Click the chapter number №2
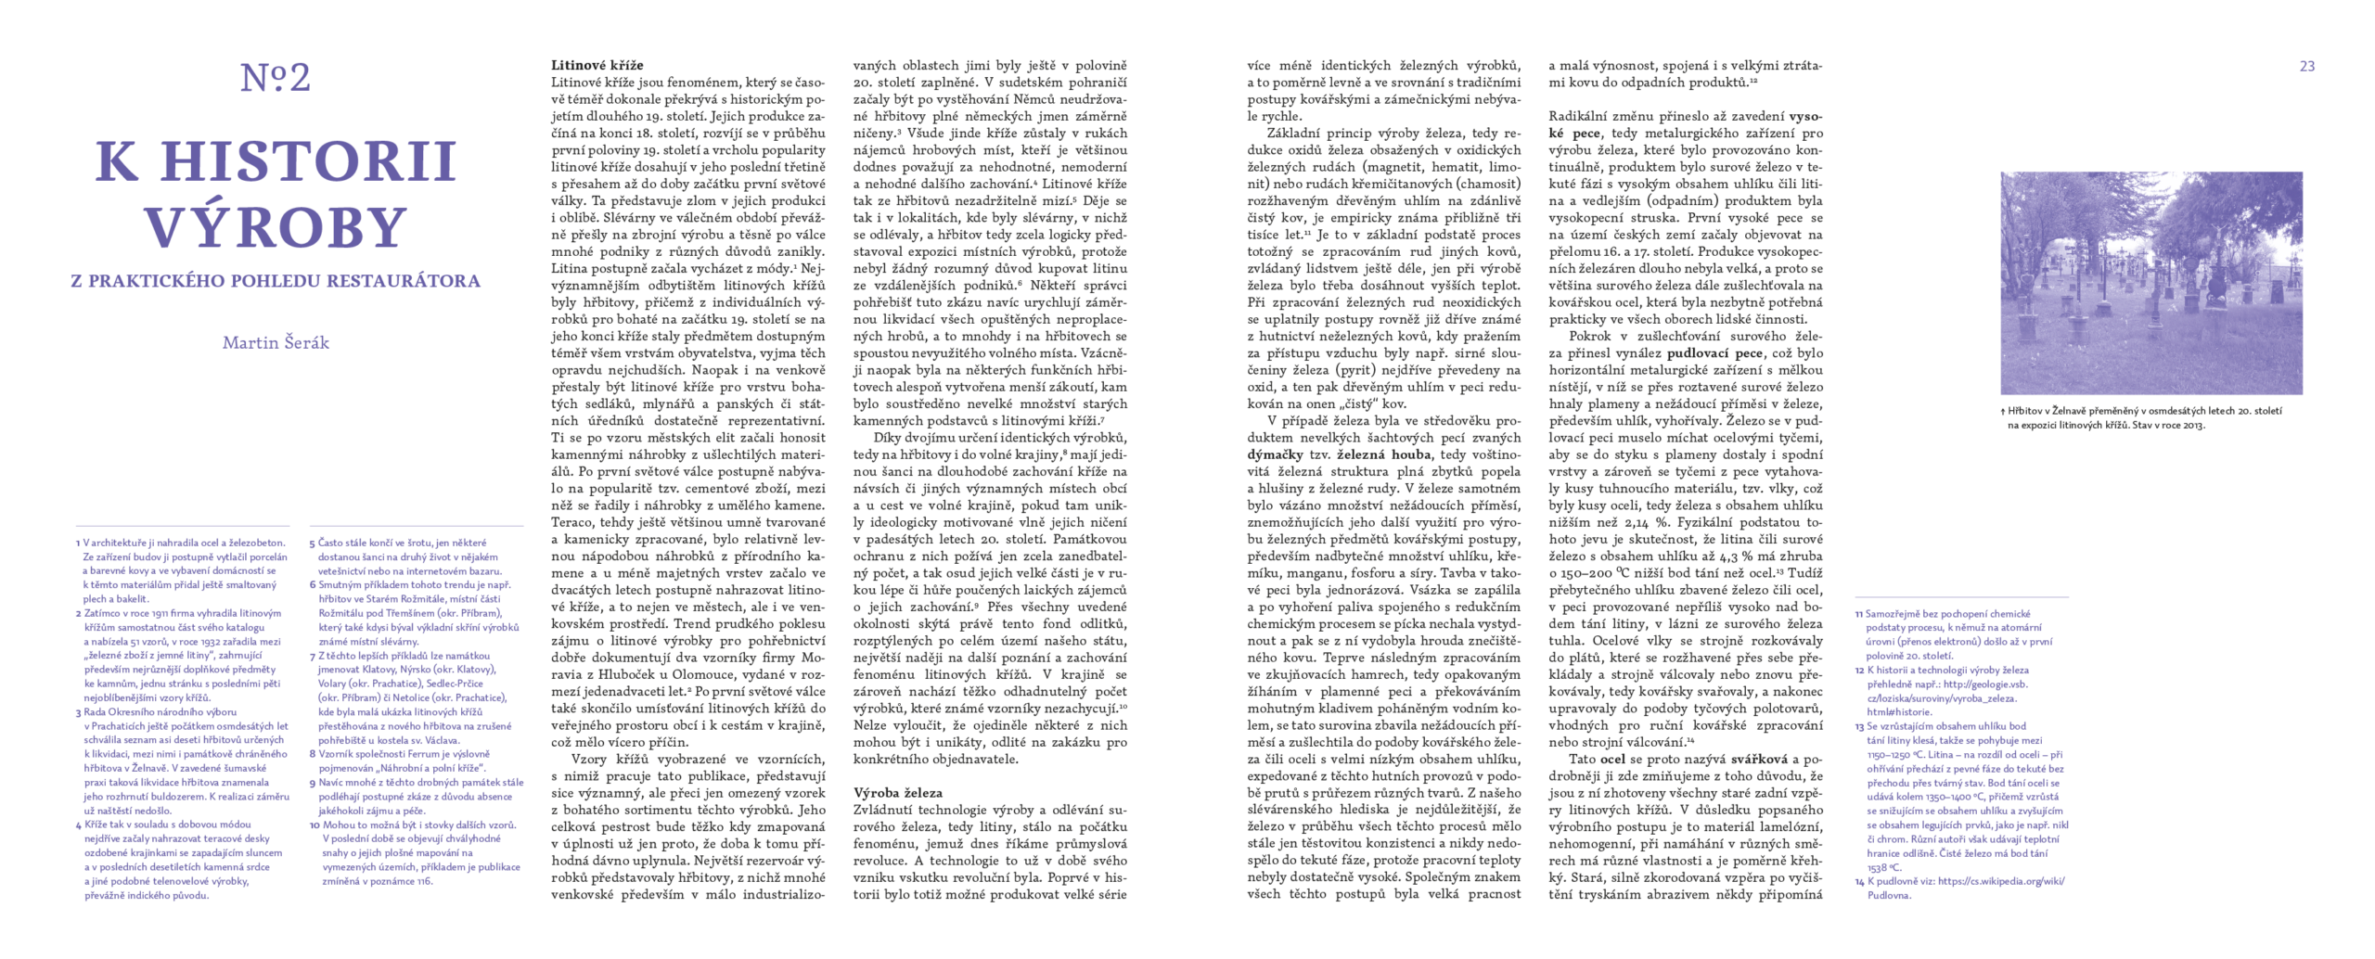tap(276, 78)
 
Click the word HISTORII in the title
tap(308, 161)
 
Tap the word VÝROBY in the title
tap(276, 227)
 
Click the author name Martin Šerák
tap(276, 342)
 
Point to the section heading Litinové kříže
tap(597, 65)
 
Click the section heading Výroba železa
tap(897, 793)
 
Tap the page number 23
tap(2306, 66)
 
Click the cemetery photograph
tap(2150, 283)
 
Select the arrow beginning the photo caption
tap(2003, 412)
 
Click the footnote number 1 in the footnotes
tap(78, 543)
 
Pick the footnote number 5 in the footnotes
tap(313, 543)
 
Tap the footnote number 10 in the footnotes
tap(315, 825)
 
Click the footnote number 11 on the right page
tap(1858, 614)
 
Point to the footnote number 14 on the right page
tap(1859, 882)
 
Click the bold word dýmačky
tap(1276, 454)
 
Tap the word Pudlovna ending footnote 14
tap(1888, 896)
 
